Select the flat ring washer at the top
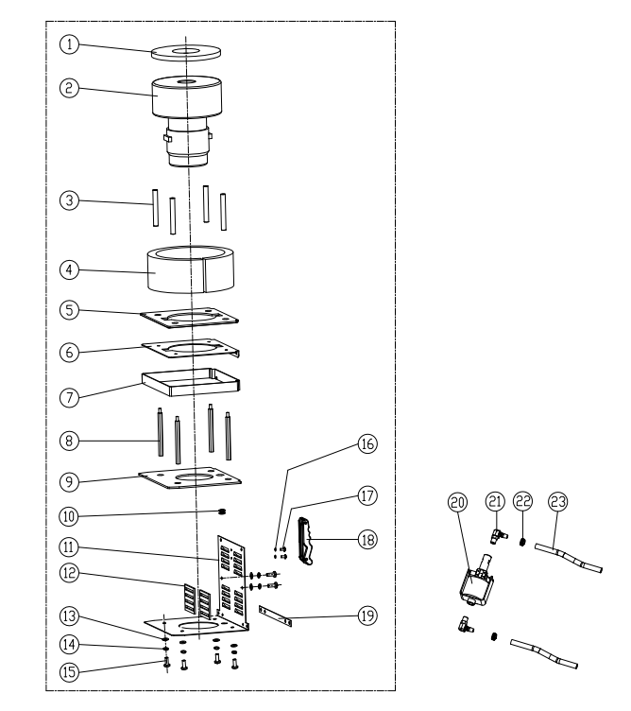185,51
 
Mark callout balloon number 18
367,538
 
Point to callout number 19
367,616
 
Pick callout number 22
523,504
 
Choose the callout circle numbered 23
557,504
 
